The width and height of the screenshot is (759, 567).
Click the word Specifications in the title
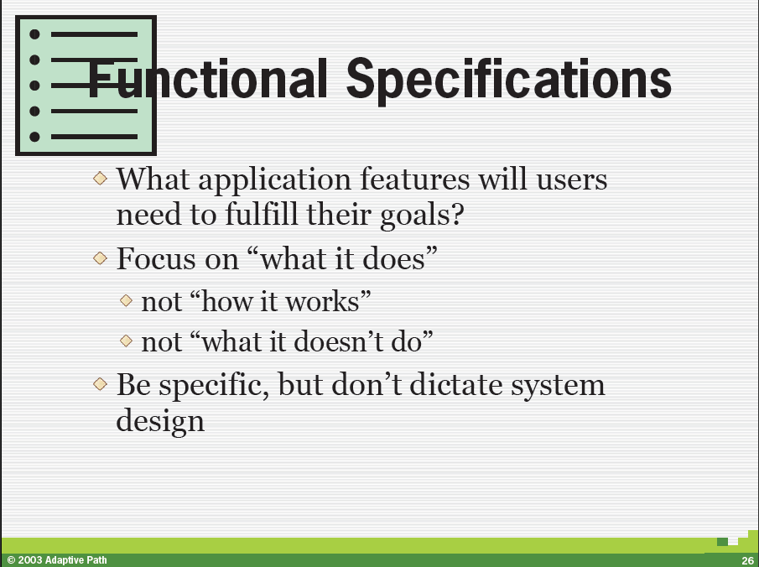coord(509,80)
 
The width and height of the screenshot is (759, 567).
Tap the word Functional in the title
coord(205,79)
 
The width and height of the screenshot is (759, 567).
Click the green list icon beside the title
coord(86,86)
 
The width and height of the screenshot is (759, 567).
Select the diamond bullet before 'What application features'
coord(100,178)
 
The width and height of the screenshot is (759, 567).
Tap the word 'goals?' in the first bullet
coord(422,216)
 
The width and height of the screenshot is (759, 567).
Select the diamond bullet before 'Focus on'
coord(100,257)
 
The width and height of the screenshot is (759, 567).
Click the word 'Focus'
coord(155,258)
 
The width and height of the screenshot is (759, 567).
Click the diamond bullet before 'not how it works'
coord(126,300)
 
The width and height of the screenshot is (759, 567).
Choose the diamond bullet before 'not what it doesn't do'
coord(126,341)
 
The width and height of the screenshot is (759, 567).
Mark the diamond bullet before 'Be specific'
coord(100,384)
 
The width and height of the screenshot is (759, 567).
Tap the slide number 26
coord(747,560)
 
